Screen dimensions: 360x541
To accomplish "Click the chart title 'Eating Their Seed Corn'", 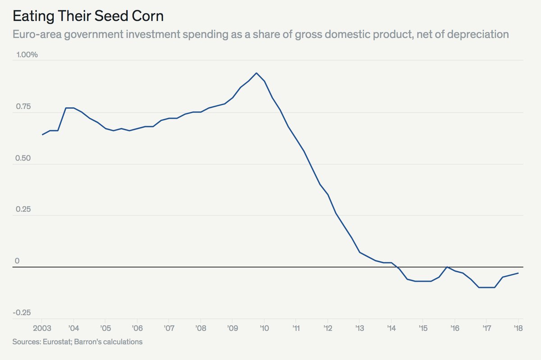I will (87, 16).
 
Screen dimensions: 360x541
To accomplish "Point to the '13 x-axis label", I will (359, 328).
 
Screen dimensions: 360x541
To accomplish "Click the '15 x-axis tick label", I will (422, 328).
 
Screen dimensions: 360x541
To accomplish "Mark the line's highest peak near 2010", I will (257, 73).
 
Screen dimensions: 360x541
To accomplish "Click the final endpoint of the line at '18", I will (518, 273).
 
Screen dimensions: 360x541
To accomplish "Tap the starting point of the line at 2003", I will (42, 134).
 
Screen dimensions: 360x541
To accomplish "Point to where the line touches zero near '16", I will (447, 267).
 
